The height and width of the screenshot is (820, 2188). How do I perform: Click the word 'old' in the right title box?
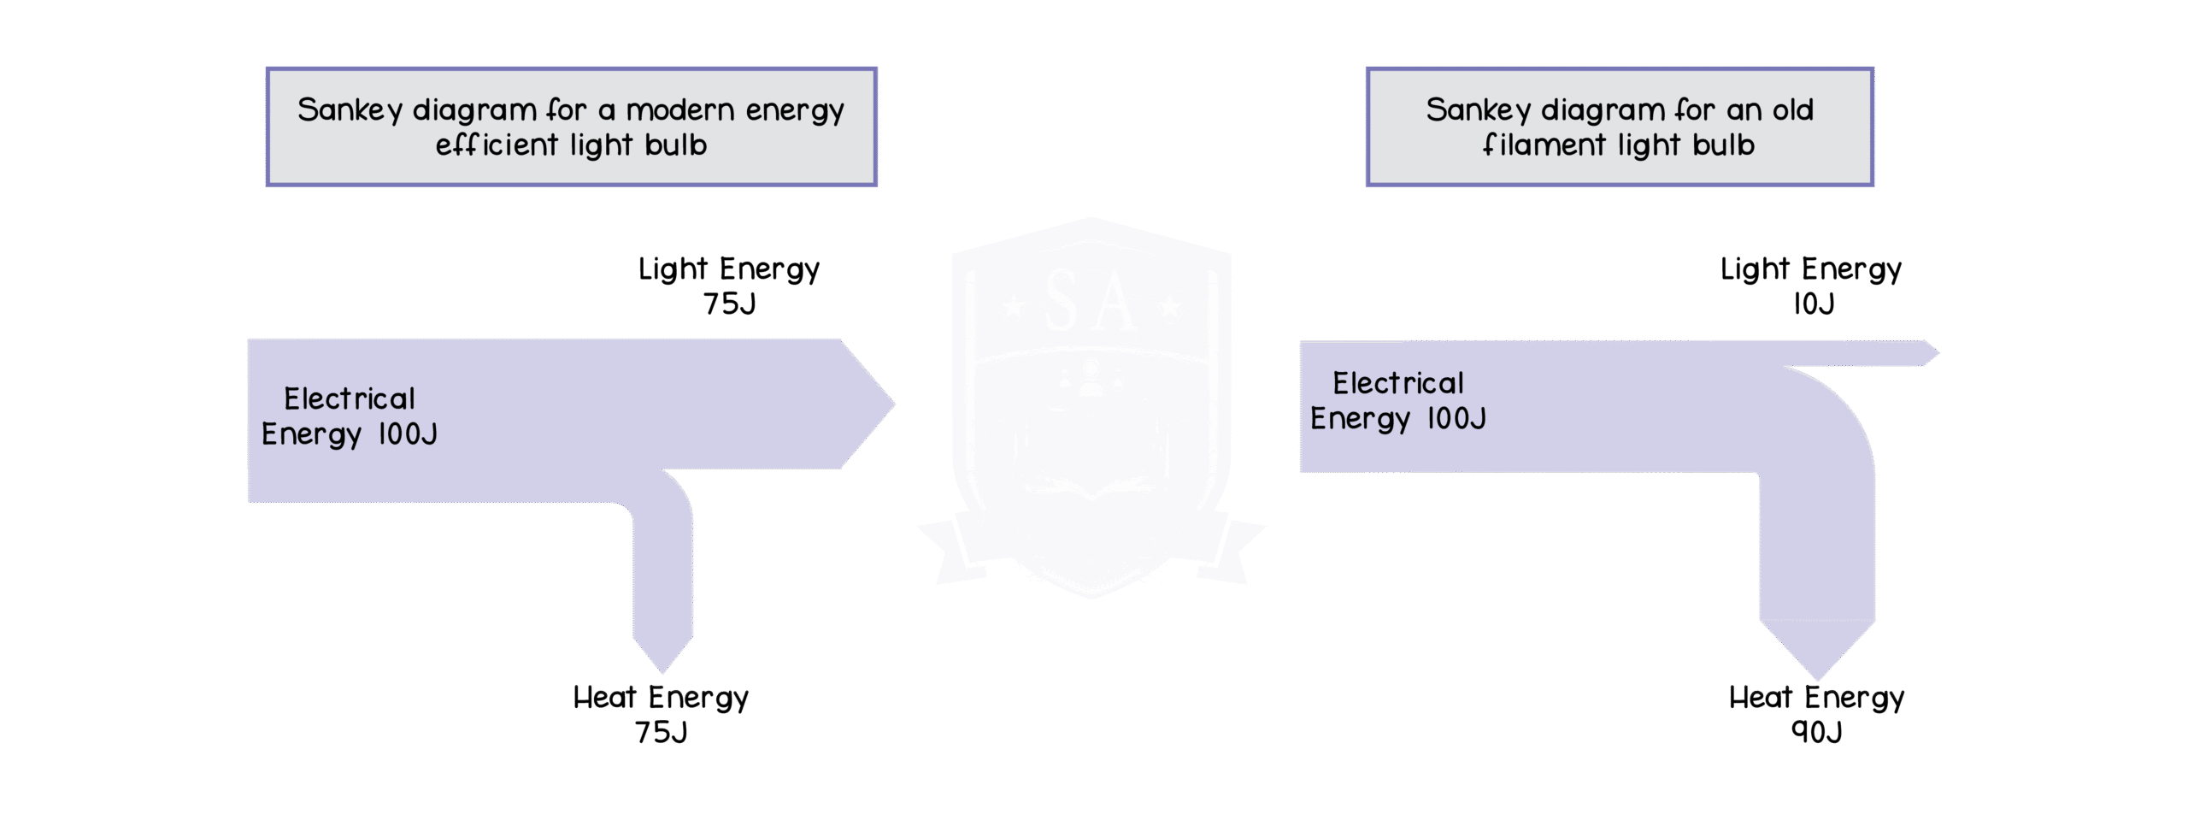pos(1792,110)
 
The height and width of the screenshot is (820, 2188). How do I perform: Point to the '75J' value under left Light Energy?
pos(729,304)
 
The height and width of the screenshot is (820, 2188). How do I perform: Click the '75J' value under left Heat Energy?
pos(661,732)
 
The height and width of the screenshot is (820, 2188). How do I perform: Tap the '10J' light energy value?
pos(1813,304)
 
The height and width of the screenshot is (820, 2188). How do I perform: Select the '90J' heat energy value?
pos(1816,732)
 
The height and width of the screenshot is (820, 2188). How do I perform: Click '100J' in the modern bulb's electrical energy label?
pos(407,434)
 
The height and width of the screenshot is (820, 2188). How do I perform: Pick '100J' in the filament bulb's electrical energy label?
pos(1456,419)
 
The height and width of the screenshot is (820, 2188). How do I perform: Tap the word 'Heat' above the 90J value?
pos(1760,698)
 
